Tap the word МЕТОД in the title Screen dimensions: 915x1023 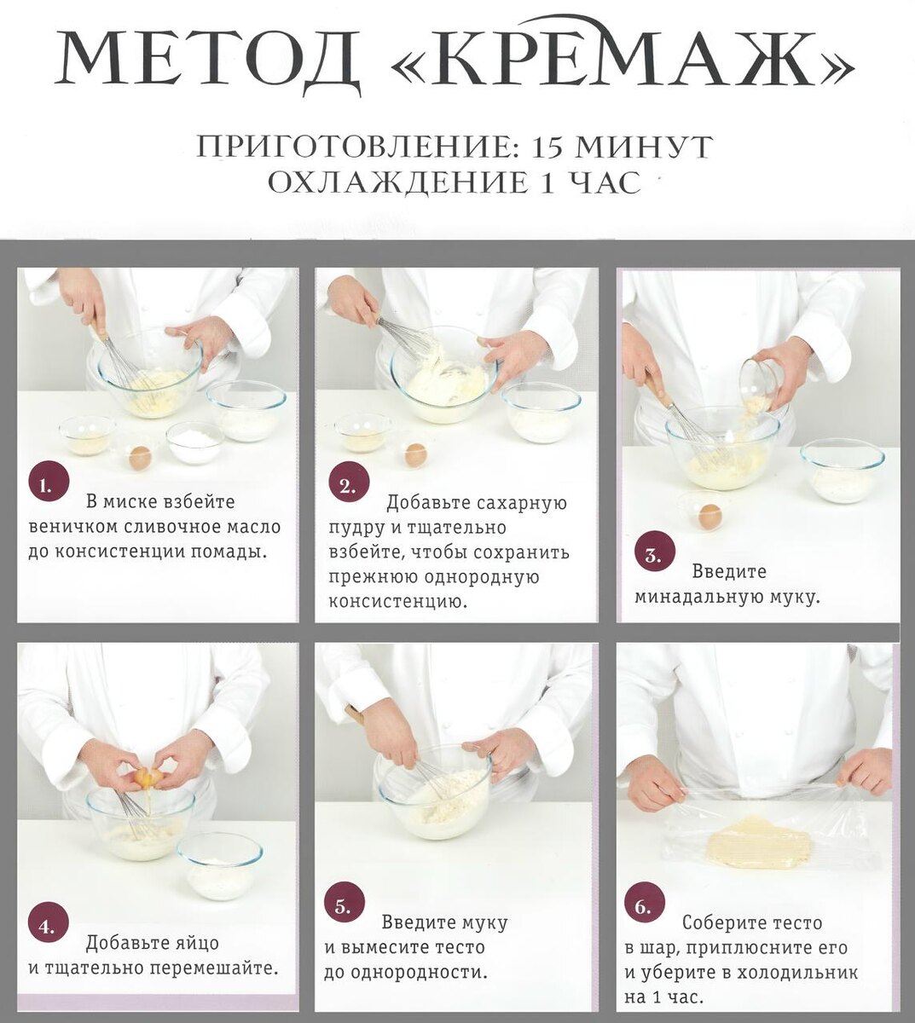(208, 61)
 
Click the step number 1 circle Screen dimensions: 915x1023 (48, 486)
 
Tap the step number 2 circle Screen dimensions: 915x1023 (348, 487)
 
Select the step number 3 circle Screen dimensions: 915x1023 (654, 556)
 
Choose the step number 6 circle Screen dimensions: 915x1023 (644, 907)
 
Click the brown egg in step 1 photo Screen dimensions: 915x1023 (140, 458)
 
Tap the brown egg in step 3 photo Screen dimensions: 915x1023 (709, 516)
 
